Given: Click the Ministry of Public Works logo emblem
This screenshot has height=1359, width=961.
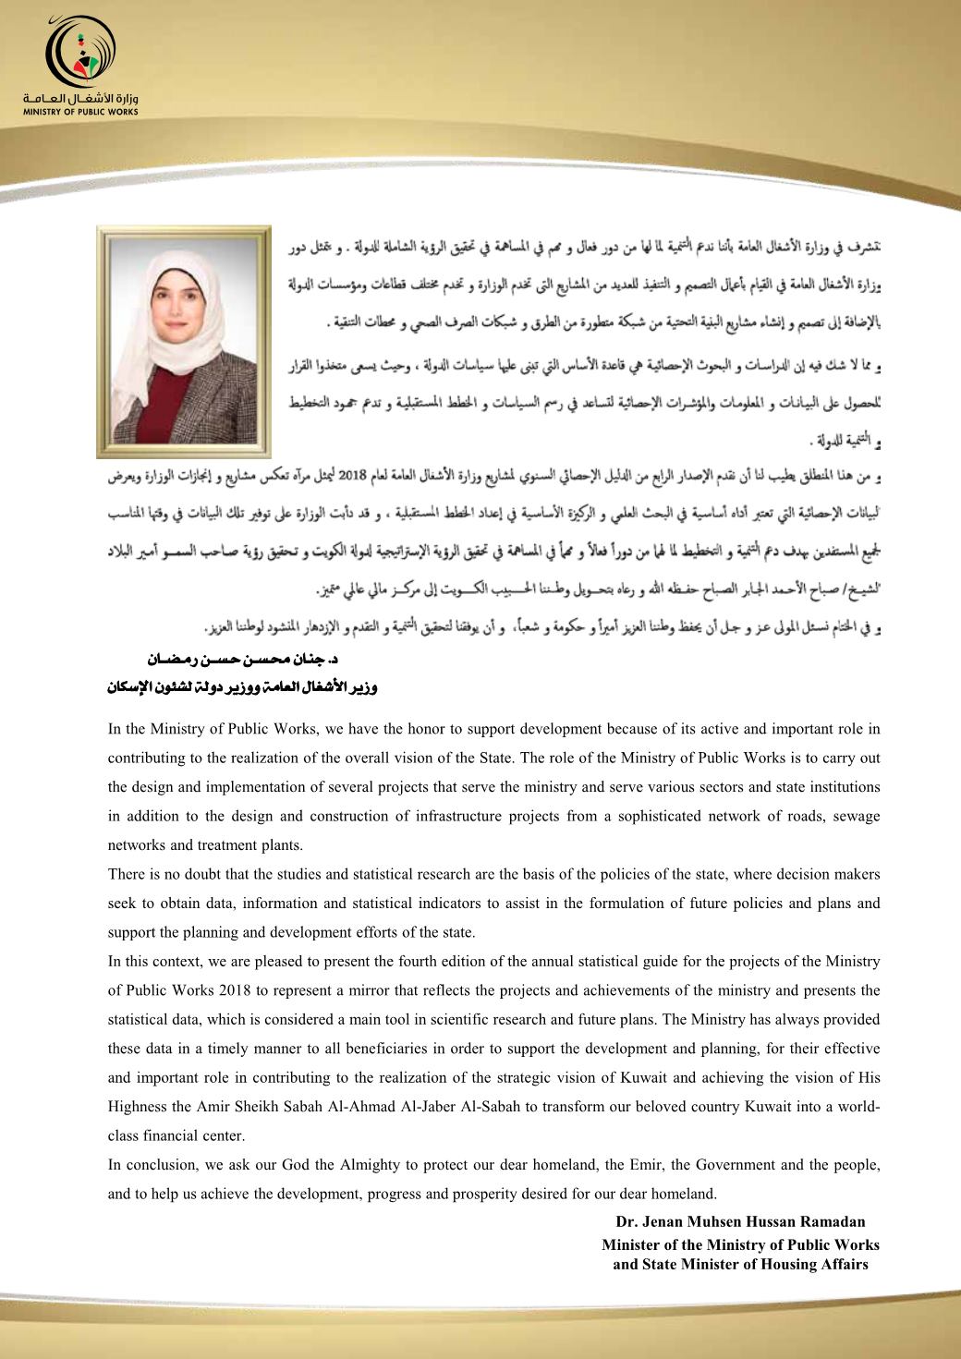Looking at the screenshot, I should coord(80,51).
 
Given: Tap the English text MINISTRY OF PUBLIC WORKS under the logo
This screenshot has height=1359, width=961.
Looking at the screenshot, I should coord(81,111).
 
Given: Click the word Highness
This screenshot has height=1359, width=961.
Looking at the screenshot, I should coord(137,1107).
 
